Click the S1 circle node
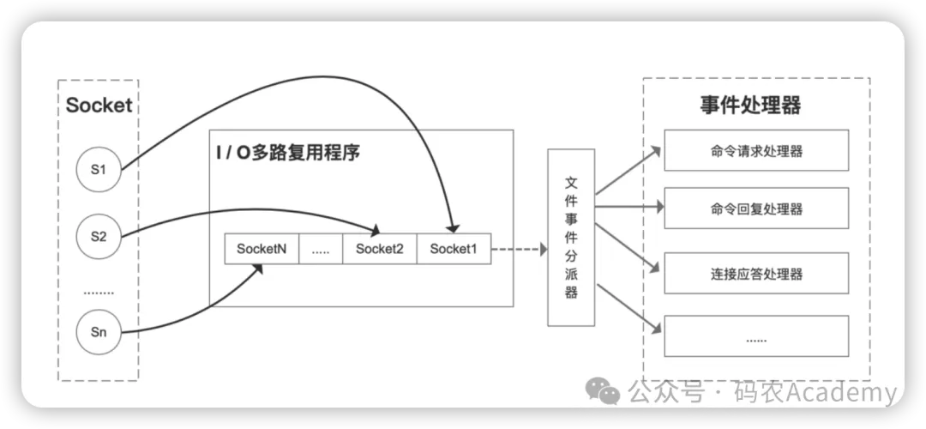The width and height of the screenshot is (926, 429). point(98,169)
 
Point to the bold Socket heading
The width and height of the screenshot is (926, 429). point(99,106)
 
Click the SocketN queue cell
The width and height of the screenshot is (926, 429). point(262,250)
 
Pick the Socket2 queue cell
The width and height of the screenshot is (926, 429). point(379,250)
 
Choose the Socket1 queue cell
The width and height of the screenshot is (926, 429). point(454,250)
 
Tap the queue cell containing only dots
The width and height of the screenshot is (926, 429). point(321,250)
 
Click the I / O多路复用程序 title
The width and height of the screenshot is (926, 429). point(287,154)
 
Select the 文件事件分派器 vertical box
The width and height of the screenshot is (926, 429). point(571,238)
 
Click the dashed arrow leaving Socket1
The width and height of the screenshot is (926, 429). point(519,250)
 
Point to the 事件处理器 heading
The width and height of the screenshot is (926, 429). point(750,106)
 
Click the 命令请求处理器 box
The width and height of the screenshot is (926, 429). point(756,151)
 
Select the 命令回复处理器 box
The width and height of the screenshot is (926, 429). point(756,208)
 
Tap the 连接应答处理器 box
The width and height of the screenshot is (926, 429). point(756,275)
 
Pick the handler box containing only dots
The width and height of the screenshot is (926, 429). point(756,337)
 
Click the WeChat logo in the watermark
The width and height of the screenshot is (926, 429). point(608,394)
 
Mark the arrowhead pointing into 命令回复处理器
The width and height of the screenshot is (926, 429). point(658,207)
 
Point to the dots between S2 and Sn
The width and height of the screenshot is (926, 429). point(98,293)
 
